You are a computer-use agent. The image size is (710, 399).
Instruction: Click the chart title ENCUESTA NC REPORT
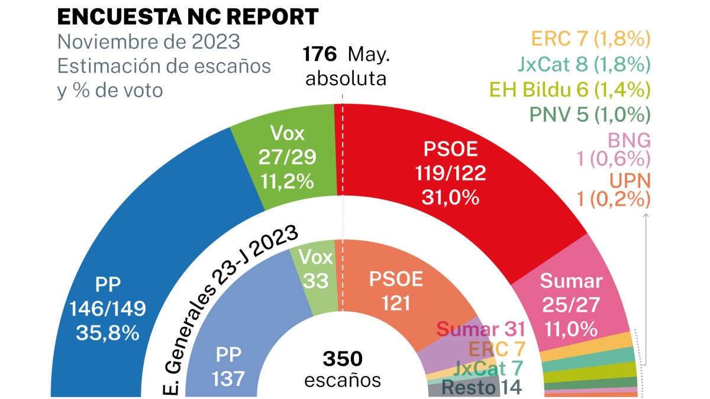188,17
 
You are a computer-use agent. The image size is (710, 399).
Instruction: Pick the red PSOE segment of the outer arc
456,177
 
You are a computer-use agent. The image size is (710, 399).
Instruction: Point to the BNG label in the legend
628,141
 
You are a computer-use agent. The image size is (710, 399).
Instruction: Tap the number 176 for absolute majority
319,54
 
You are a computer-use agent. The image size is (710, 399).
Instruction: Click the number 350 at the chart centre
343,359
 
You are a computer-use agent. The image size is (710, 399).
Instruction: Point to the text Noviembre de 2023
149,43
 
